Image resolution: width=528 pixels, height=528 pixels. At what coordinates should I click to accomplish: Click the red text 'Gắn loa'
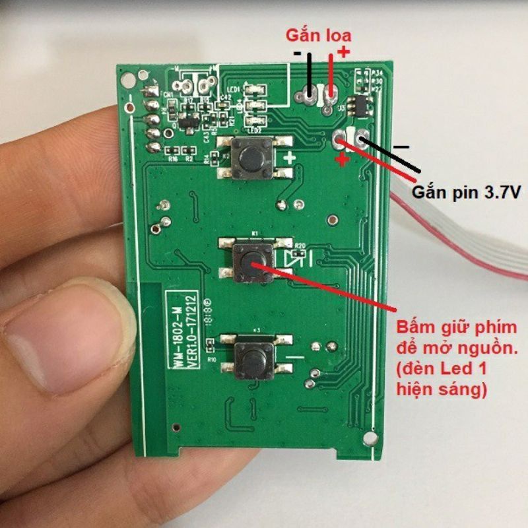[317, 35]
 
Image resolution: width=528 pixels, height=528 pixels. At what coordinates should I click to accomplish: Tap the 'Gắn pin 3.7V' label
[466, 193]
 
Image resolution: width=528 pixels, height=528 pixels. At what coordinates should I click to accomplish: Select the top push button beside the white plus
[253, 159]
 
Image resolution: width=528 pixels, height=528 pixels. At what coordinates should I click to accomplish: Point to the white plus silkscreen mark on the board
[289, 158]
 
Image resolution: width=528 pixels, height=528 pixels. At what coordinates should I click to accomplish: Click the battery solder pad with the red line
[341, 139]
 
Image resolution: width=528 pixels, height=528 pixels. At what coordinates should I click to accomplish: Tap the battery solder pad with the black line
[362, 137]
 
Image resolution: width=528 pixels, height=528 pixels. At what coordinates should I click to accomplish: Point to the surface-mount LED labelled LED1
[253, 91]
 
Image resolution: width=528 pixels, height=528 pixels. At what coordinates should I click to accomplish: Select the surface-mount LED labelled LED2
[254, 121]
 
